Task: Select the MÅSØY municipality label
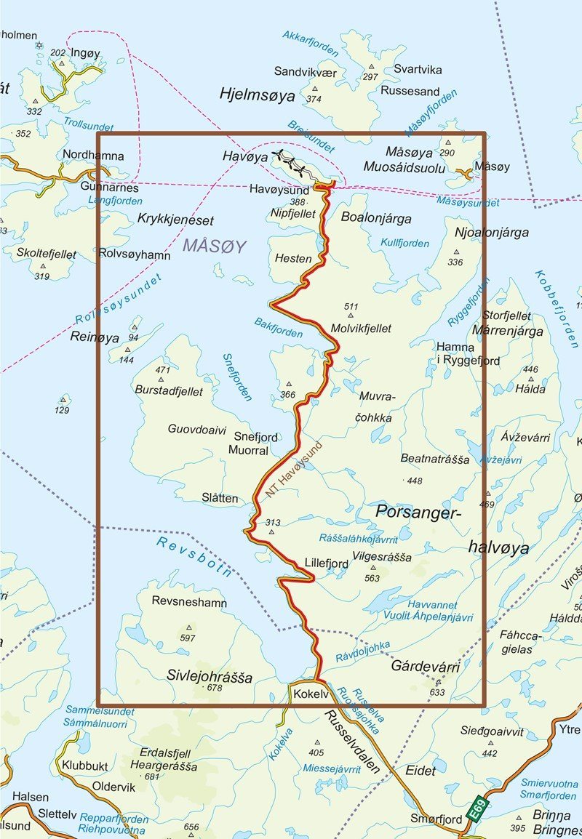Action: [215, 246]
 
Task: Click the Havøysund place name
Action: [279, 190]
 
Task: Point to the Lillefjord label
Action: [325, 562]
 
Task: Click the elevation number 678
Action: [214, 688]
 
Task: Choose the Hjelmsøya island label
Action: [258, 95]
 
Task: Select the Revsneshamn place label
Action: [189, 603]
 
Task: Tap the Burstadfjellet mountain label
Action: [169, 390]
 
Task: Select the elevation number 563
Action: [372, 579]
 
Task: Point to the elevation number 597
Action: [188, 638]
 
